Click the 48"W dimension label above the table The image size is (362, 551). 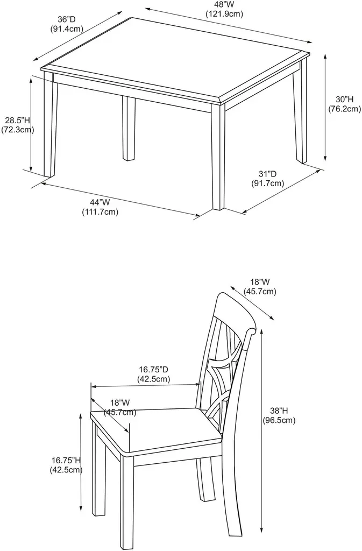[x=224, y=4]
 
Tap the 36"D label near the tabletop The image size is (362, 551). [x=66, y=20]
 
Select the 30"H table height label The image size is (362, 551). [x=344, y=100]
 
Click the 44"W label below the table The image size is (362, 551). [x=100, y=202]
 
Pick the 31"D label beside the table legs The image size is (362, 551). [x=267, y=174]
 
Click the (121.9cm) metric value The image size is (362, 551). [x=224, y=13]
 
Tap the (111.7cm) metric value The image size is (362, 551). [x=100, y=212]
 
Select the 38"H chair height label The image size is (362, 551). [x=279, y=411]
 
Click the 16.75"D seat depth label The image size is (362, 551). [x=154, y=370]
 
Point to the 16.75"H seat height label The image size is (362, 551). [x=67, y=461]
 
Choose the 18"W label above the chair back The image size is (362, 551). [x=260, y=282]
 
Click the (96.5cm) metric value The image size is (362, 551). [x=279, y=420]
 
